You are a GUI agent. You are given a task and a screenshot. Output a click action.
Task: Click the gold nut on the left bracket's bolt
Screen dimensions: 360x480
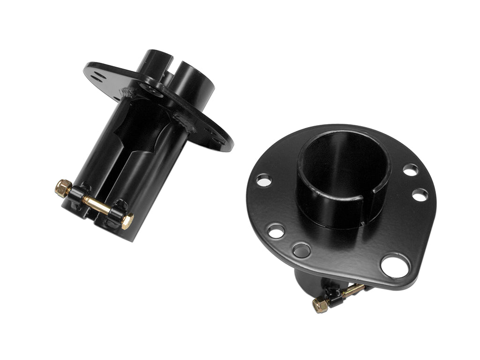63,187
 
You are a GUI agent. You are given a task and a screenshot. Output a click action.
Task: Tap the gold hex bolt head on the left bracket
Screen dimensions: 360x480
127,221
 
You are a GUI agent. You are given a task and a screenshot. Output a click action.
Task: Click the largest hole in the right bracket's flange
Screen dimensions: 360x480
395,266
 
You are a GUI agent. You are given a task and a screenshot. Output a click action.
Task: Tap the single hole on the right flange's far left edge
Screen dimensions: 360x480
263,180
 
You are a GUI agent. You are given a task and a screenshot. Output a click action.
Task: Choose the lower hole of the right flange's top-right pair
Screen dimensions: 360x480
420,195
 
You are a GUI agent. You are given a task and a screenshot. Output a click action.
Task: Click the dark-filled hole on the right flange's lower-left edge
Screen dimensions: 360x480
301,250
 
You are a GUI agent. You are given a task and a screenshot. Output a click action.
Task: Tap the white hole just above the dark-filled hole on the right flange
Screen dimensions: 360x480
276,231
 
